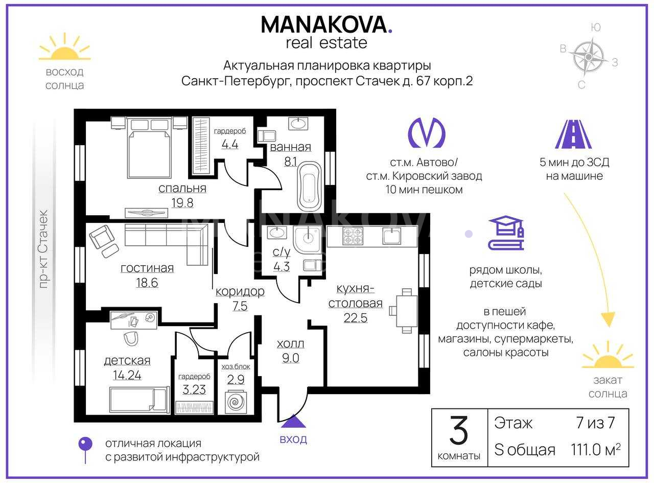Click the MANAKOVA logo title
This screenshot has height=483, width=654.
[326, 25]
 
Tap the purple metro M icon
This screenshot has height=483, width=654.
[427, 132]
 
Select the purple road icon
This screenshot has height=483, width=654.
[574, 134]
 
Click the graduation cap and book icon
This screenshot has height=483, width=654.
[506, 233]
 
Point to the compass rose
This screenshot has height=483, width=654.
[589, 57]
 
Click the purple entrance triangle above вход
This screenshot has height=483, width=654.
[293, 421]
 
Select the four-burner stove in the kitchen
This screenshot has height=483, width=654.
[353, 236]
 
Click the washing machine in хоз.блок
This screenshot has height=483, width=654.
[236, 402]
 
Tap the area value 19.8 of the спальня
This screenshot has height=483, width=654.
[182, 203]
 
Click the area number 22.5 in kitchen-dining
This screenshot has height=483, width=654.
[356, 318]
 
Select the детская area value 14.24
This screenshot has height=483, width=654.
[127, 375]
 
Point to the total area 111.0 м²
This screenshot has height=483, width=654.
[596, 450]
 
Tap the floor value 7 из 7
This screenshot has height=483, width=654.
[595, 423]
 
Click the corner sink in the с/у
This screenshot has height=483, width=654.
[308, 239]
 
